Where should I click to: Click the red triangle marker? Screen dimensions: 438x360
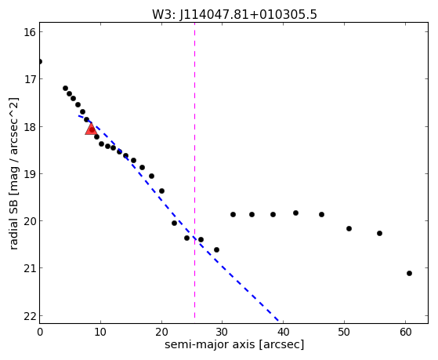(x=91, y=129)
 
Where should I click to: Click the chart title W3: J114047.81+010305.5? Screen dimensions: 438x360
(x=234, y=15)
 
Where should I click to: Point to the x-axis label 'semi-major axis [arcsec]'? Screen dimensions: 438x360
(x=234, y=344)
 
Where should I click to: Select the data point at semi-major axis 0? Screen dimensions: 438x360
(x=40, y=61)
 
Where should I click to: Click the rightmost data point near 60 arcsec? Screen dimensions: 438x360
(x=409, y=273)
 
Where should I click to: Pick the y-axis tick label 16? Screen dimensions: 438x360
(x=29, y=32)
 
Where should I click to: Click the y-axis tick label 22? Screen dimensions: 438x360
(x=29, y=316)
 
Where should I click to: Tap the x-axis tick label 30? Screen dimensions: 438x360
(x=222, y=332)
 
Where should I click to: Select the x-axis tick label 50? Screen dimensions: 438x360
(x=344, y=332)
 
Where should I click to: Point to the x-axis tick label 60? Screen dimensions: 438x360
(x=405, y=332)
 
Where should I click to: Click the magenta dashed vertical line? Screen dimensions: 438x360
(x=194, y=170)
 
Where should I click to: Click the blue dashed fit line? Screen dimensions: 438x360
(x=179, y=218)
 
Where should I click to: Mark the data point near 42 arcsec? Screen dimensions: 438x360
(x=296, y=213)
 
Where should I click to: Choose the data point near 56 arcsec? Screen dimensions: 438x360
(x=379, y=233)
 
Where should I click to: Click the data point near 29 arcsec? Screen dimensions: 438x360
(x=216, y=249)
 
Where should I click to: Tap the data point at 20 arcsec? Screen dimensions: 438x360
(x=161, y=191)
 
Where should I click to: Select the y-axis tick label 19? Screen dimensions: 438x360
(x=29, y=173)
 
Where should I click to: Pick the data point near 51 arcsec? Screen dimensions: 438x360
(x=349, y=228)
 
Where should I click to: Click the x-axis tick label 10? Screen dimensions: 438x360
(x=100, y=332)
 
